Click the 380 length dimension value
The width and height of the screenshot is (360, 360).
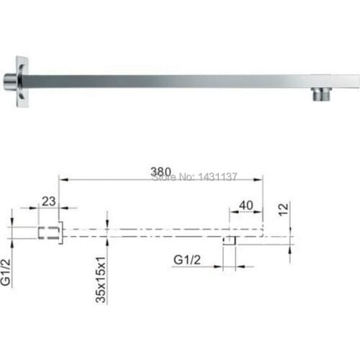[x=161, y=171]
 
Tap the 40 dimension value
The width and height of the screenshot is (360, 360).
[x=246, y=204]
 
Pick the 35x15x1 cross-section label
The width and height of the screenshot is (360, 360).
[x=102, y=278]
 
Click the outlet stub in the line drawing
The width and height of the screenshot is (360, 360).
[x=230, y=240]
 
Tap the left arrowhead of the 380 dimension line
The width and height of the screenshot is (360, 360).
[x=62, y=176]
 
